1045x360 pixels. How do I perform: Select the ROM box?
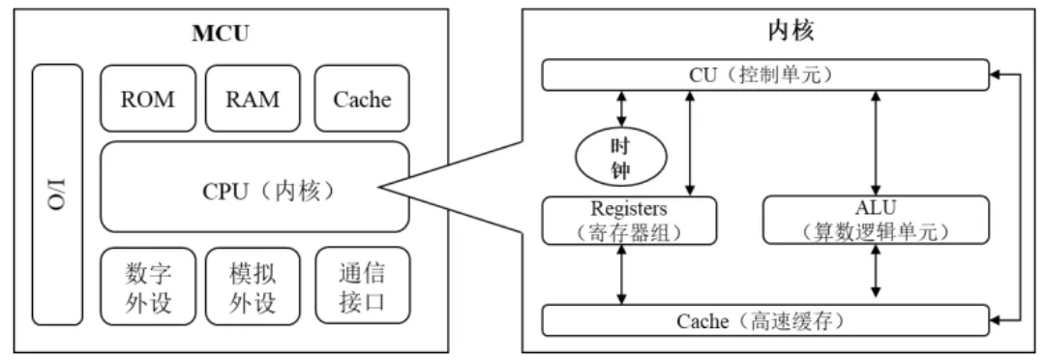[x=147, y=99]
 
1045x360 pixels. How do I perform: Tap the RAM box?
[x=253, y=99]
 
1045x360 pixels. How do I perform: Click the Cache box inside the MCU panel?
[x=362, y=99]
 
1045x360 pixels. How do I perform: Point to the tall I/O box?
[x=57, y=194]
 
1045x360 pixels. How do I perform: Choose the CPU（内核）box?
[x=254, y=187]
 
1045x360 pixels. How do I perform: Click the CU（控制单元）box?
[x=764, y=74]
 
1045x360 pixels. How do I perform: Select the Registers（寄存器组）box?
[x=630, y=221]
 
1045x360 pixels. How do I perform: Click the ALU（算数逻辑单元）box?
[x=877, y=221]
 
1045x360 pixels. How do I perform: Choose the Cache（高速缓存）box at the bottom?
[x=764, y=319]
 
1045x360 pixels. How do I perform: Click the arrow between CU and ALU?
[x=877, y=142]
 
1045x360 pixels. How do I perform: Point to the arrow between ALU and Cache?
[x=877, y=275]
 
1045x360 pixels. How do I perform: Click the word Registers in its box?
[x=630, y=209]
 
